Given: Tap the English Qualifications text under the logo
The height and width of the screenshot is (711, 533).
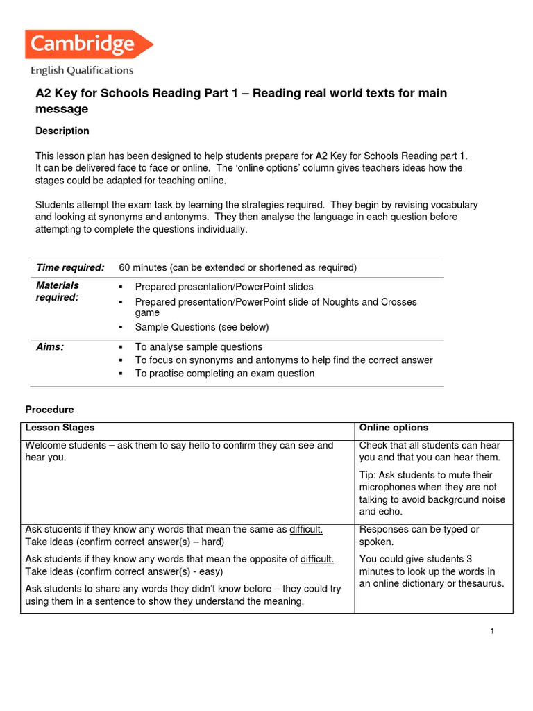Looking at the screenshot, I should [81, 70].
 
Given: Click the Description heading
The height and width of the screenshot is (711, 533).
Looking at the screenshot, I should [62, 131].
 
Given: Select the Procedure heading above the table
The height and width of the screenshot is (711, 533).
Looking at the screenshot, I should [49, 410].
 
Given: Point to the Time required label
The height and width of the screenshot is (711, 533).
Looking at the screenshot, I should [70, 267].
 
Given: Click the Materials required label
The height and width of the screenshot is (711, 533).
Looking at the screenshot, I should [58, 291].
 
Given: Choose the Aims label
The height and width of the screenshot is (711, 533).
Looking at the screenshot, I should [50, 346].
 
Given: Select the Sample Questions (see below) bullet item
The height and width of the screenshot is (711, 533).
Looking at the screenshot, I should [201, 326].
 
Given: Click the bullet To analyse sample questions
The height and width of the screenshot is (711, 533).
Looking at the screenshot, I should [198, 346].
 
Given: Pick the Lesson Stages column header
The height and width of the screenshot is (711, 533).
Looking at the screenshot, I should [60, 428].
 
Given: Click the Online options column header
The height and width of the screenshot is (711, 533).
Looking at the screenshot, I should [394, 428].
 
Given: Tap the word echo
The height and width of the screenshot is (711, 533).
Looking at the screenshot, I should [391, 512].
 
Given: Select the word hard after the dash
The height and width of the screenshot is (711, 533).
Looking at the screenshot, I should [212, 542].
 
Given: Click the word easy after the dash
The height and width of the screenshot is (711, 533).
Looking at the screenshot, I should [213, 571].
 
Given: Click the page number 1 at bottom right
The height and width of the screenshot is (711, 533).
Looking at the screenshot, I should [491, 631].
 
